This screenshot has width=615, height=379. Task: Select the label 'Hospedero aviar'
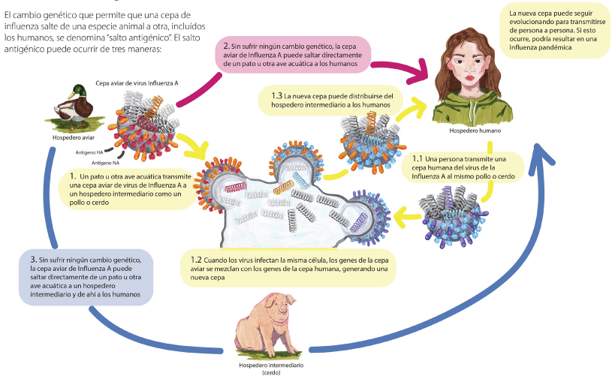pyautogui.click(x=74, y=137)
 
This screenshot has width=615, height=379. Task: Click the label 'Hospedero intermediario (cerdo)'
pyautogui.click(x=270, y=368)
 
